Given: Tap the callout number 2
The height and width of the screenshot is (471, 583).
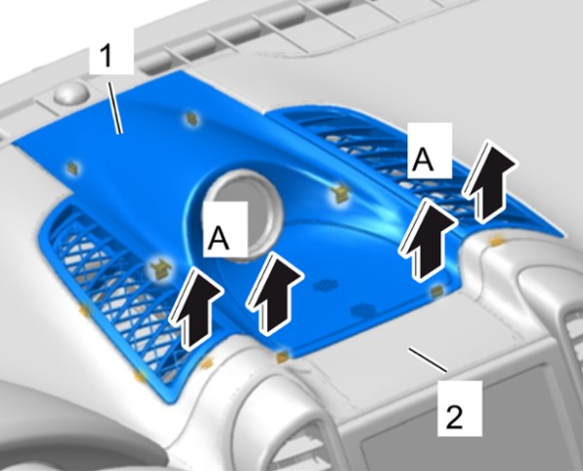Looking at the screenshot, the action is click(454, 417).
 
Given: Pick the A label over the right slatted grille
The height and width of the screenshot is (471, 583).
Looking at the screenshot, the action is click(425, 159).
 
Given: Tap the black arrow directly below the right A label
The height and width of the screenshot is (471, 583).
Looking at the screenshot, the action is click(427, 239).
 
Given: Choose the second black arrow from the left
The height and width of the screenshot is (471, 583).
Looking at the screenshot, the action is click(274, 293).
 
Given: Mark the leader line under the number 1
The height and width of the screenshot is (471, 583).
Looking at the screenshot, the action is click(116, 108).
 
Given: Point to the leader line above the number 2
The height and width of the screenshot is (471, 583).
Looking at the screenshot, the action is click(428, 359).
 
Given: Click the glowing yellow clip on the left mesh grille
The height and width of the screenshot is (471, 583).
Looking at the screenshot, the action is click(160, 268).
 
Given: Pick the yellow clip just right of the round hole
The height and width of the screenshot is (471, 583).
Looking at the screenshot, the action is click(339, 193).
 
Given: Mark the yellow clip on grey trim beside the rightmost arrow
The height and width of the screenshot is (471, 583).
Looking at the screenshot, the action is click(496, 242).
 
